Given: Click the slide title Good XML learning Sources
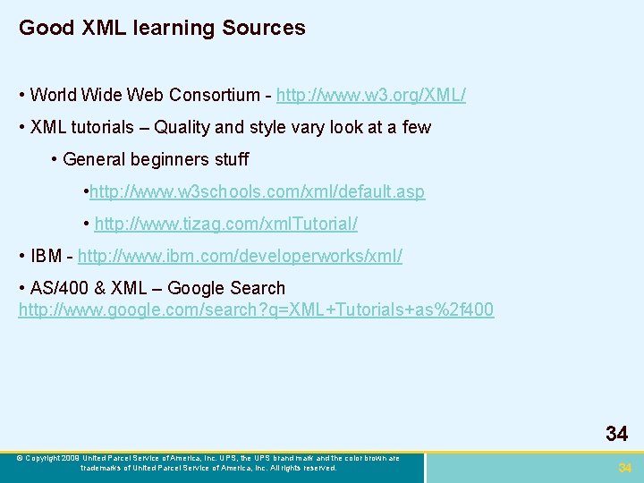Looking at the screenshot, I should [x=162, y=28].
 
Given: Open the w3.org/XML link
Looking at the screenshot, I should [x=370, y=95].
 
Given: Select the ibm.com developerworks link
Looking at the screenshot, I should [x=240, y=257].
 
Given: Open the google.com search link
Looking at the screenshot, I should [x=256, y=310].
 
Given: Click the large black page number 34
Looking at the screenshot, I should [x=616, y=435].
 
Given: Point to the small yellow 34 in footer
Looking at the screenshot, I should [x=625, y=468].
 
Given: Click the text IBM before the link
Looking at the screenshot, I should [x=46, y=257].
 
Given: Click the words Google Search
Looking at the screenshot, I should [x=226, y=288].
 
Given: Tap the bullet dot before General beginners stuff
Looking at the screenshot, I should [x=55, y=160].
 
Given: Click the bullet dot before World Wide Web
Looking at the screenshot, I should [x=21, y=95].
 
